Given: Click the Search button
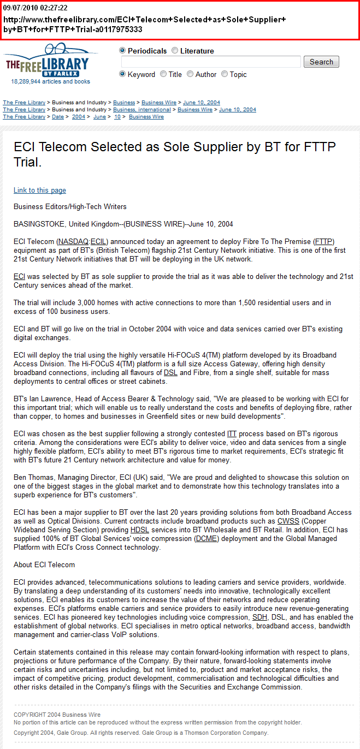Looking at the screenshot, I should pyautogui.click(x=321, y=62).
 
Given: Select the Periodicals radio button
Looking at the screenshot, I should pyautogui.click(x=122, y=51).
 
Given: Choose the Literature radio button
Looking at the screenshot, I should pyautogui.click(x=175, y=51).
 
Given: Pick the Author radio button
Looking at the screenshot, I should pyautogui.click(x=190, y=74).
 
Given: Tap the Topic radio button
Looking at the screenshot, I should pyautogui.click(x=225, y=74).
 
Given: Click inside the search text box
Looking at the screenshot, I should pyautogui.click(x=211, y=62).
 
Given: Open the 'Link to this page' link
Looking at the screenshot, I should pyautogui.click(x=40, y=191).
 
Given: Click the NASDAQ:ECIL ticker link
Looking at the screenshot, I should pyautogui.click(x=82, y=241).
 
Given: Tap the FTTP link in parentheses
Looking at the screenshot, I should pyautogui.click(x=324, y=241).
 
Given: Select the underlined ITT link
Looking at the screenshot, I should pyautogui.click(x=232, y=434).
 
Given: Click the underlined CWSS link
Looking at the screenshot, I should pyautogui.click(x=288, y=521).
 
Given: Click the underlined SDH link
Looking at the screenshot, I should pyautogui.click(x=259, y=617).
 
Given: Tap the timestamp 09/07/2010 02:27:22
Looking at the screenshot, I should pyautogui.click(x=36, y=8).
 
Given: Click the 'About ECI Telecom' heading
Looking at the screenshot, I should pyautogui.click(x=44, y=565).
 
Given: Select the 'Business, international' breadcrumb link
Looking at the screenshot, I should pyautogui.click(x=143, y=110).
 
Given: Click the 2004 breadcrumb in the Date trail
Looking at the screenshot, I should pyautogui.click(x=79, y=117).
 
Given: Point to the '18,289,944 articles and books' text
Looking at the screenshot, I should pyautogui.click(x=51, y=81).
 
